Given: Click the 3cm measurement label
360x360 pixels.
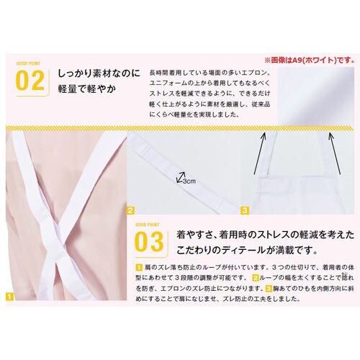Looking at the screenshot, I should [x=189, y=181].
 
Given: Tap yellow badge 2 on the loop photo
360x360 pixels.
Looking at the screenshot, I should [x=131, y=211].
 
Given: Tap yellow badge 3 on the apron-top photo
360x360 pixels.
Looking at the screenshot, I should [x=245, y=211].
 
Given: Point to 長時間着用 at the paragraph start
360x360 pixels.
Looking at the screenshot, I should [x=167, y=74].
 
